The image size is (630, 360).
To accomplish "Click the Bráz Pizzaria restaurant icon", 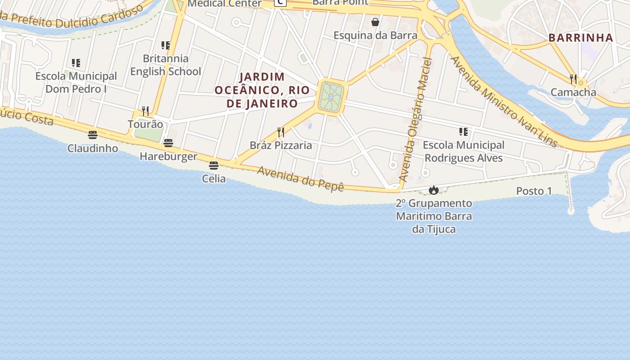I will [281, 132].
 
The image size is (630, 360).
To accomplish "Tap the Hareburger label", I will [168, 156].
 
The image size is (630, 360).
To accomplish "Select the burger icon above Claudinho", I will [93, 135].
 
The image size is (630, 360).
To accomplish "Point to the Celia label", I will [214, 179].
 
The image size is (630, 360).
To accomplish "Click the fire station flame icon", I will [433, 190].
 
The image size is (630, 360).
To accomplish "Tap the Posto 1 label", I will [534, 191].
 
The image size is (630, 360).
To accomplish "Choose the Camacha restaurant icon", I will [573, 79].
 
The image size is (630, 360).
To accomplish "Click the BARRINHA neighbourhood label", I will [581, 38].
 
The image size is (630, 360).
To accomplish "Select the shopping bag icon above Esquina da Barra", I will [375, 22].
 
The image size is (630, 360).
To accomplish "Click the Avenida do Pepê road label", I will [300, 179].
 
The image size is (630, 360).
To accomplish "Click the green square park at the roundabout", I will [331, 97].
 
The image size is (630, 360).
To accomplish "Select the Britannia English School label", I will [166, 65].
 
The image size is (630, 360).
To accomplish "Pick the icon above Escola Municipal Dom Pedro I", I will [76, 63].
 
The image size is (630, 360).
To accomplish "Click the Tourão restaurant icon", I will [145, 111].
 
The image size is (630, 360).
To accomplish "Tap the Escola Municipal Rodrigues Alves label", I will [463, 152].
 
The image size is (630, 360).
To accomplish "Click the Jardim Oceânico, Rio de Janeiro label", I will [262, 90].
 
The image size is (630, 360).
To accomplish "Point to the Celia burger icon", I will [214, 166].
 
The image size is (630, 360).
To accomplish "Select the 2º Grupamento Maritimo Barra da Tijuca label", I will [434, 216].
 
